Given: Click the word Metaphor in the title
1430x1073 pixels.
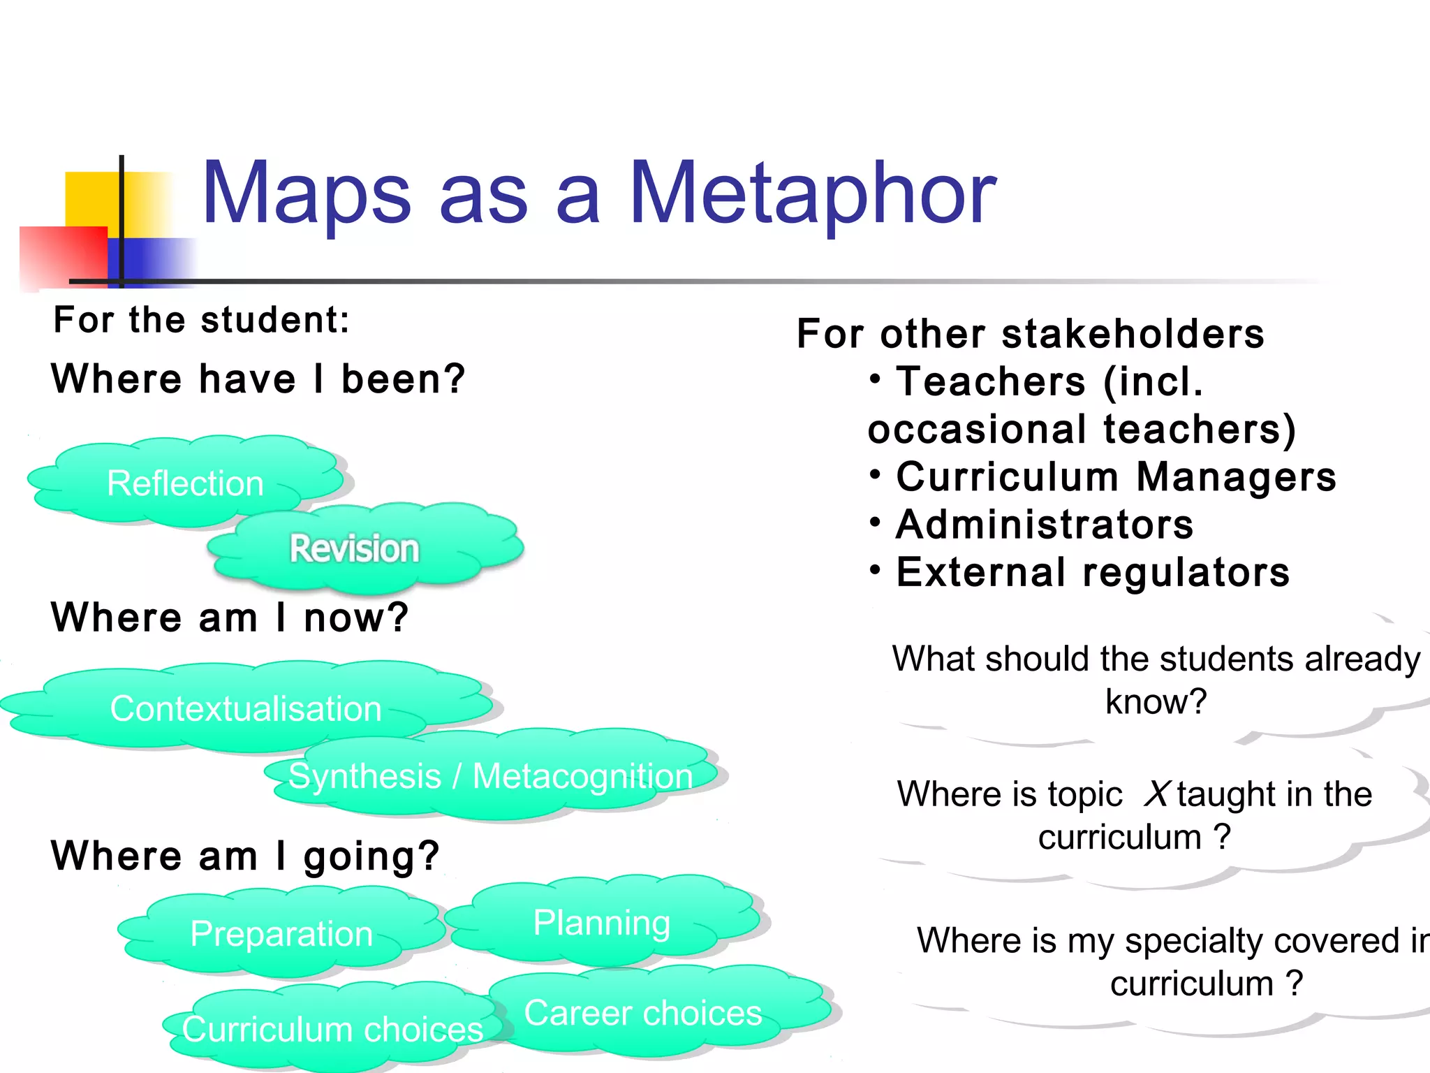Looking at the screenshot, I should [812, 194].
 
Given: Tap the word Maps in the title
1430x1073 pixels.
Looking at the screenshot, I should [306, 194].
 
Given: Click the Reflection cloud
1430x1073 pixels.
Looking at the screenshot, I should [185, 483].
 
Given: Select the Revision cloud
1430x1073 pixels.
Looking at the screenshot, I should [355, 548].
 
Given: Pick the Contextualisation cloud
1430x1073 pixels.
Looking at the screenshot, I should [246, 708].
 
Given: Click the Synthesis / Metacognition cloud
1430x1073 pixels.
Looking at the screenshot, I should [490, 776].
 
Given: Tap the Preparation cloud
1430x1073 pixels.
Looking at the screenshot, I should [281, 933].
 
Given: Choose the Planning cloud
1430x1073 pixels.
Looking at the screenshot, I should [602, 922].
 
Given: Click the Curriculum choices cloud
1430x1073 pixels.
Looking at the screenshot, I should [332, 1029].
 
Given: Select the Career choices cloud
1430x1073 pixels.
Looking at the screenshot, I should [643, 1013].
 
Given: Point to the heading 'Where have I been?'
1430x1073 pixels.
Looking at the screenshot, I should [258, 379].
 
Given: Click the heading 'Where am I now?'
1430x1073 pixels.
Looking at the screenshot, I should [229, 618].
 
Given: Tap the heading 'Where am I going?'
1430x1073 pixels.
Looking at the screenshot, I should [245, 856].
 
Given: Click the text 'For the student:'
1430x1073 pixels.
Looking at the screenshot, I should [201, 320].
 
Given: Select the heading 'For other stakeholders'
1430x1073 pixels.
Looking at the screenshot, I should [1030, 333].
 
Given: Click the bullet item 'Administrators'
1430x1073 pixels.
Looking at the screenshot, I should [1045, 525].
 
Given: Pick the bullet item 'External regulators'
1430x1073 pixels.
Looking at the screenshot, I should [1093, 572].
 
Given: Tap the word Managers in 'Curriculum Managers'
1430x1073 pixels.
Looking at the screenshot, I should [1236, 477].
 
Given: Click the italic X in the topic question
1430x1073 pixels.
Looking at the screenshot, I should [1156, 794].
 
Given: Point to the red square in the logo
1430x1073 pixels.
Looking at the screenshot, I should [63, 256].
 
